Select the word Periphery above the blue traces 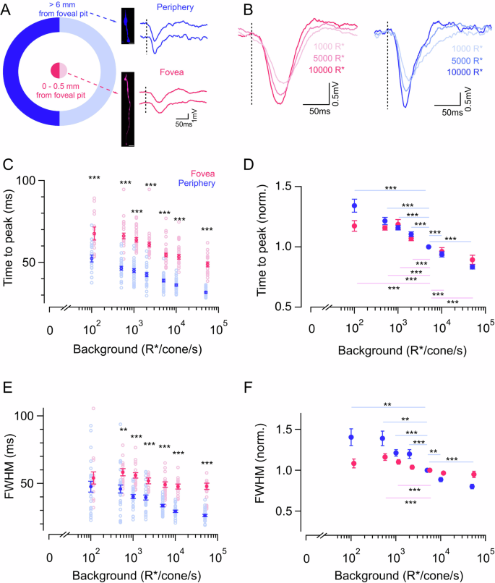[x=176, y=9]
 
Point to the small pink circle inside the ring [x=59, y=70]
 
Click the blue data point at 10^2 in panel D [x=354, y=205]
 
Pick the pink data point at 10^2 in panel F [x=354, y=464]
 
